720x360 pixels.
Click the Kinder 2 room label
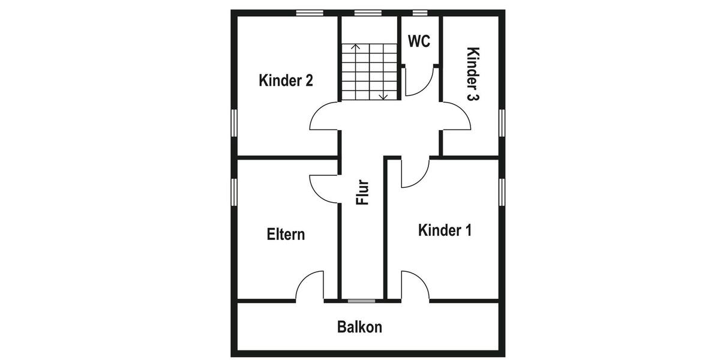click(286, 80)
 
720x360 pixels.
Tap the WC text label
click(419, 41)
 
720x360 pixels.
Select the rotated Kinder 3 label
click(473, 73)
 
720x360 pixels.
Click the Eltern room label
click(286, 234)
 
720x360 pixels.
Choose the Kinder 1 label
click(445, 230)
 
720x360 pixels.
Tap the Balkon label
click(359, 328)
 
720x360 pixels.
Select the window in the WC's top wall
click(420, 13)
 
